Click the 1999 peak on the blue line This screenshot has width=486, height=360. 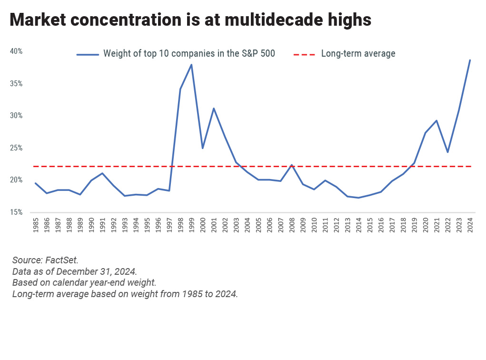point(191,65)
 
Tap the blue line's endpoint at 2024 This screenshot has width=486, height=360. point(470,60)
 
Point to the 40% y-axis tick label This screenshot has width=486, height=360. point(16,51)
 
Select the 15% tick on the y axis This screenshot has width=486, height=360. point(16,212)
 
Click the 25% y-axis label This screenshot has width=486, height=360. point(16,148)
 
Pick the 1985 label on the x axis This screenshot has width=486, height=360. point(36,225)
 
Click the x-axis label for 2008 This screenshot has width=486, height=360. point(292,225)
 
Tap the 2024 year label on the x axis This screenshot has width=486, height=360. point(470,225)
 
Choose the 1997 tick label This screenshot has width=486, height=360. point(169,225)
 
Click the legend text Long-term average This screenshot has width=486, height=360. point(358,54)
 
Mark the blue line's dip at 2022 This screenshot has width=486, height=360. point(447,152)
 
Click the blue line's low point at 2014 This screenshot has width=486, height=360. point(358,198)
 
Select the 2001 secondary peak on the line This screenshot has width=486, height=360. point(214,108)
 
